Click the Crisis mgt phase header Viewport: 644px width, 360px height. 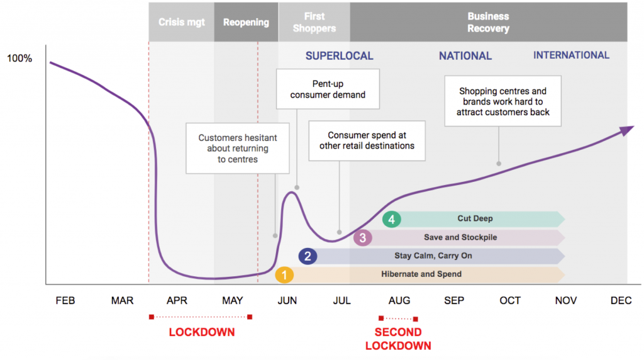[181, 22]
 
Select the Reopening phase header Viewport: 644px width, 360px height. [246, 22]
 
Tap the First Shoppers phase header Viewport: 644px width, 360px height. [314, 22]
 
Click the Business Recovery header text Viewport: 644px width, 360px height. [488, 22]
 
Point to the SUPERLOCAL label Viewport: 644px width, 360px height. [339, 56]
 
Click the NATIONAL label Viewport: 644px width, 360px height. [465, 56]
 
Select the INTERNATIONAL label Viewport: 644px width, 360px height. [571, 55]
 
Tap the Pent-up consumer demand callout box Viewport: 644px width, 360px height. [328, 89]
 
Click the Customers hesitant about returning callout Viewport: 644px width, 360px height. [237, 149]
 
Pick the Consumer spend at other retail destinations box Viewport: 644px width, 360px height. [367, 140]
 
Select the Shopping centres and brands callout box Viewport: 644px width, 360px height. [502, 101]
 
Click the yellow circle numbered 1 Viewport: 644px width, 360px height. [284, 275]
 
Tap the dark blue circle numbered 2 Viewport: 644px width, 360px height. [308, 256]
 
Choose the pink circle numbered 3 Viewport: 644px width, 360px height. [363, 238]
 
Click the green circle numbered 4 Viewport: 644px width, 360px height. [391, 220]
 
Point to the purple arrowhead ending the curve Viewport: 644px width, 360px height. [627, 130]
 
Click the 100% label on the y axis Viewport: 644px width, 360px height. [19, 59]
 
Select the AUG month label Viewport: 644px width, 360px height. [399, 301]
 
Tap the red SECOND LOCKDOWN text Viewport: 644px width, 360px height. [398, 339]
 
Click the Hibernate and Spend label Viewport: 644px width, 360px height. [421, 274]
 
